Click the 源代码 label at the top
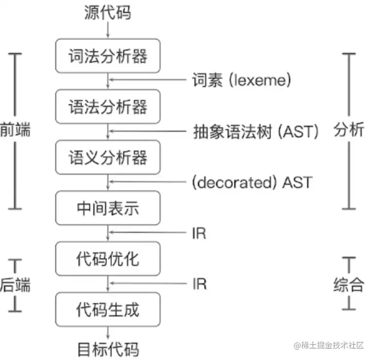[108, 12]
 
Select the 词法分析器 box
[108, 56]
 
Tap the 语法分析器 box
[108, 107]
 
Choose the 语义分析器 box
[108, 157]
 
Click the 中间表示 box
[108, 208]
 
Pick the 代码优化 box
[108, 259]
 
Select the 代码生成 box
[108, 310]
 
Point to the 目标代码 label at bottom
[108, 349]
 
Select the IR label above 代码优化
[199, 233]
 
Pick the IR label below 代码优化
[199, 284]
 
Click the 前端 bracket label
[15, 131]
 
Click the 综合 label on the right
[349, 284]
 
